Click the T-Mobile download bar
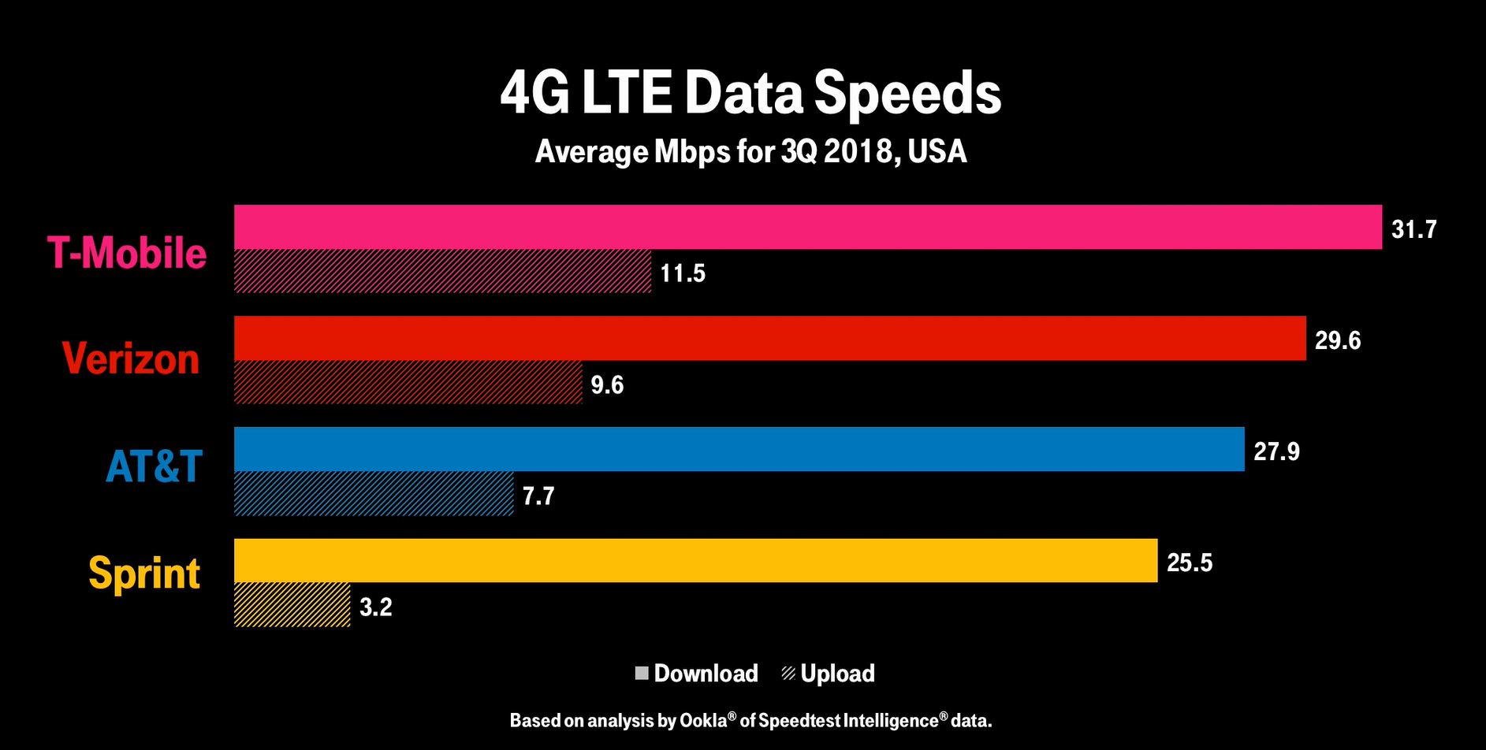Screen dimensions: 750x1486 (x=807, y=227)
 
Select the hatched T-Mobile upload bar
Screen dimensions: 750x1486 (x=442, y=271)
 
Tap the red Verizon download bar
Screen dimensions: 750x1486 (x=769, y=338)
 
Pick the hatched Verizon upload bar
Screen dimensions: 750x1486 (x=408, y=382)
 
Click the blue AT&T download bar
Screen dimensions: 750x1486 (x=739, y=449)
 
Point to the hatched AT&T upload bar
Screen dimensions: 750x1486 (x=373, y=493)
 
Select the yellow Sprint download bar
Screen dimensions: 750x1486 (x=695, y=560)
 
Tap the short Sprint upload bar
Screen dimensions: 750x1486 (x=292, y=604)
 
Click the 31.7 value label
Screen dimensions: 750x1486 (x=1413, y=229)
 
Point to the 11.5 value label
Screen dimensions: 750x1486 (x=683, y=273)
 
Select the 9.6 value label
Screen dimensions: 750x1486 (x=607, y=384)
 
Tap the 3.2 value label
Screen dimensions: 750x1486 (x=375, y=607)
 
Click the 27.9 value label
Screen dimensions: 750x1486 (x=1276, y=451)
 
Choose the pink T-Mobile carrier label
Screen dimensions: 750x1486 (x=127, y=253)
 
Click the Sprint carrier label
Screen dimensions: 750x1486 (x=144, y=573)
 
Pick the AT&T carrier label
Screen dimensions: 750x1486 (x=154, y=466)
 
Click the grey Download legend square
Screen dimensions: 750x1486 (x=642, y=674)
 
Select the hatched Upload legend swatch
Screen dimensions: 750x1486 (x=788, y=674)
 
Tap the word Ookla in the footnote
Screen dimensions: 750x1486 (x=703, y=720)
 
